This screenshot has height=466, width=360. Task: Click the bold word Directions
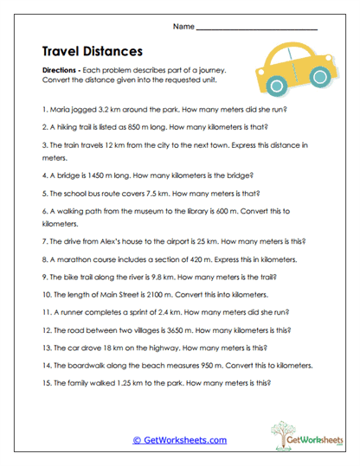point(61,69)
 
